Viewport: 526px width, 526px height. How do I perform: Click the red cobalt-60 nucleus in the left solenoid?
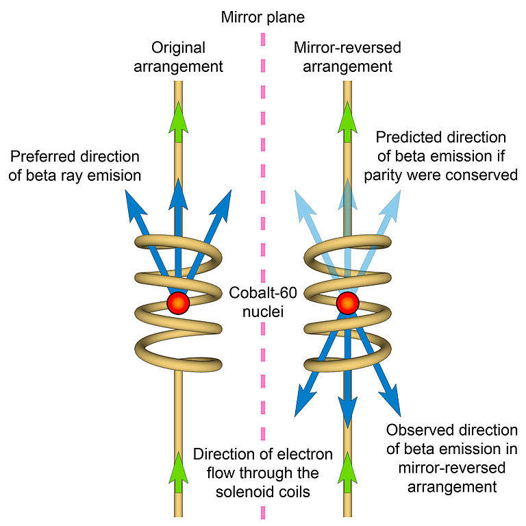(178, 303)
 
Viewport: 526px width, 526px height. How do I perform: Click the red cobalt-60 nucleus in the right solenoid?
(348, 303)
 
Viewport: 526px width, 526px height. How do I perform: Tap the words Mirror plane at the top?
(262, 16)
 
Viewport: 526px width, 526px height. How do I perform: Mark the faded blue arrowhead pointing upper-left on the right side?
(299, 199)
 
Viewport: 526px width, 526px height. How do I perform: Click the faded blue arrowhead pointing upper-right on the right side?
(397, 199)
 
